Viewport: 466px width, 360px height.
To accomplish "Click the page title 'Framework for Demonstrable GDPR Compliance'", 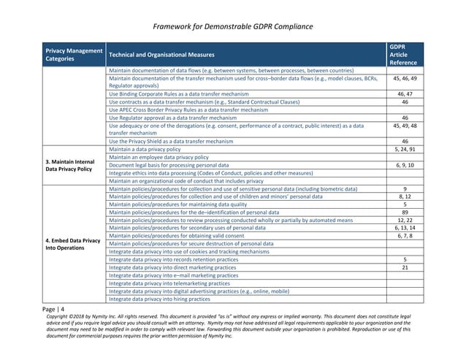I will [x=234, y=27].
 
